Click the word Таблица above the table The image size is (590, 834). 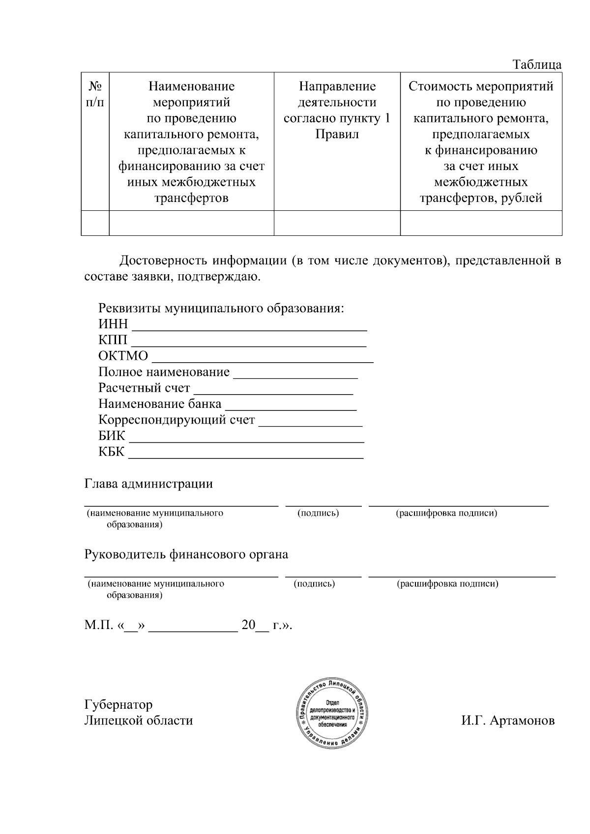[x=536, y=64]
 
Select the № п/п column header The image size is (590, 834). [x=95, y=94]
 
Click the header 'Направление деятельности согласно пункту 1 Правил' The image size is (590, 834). [x=337, y=110]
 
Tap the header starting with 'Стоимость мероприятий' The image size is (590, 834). [x=481, y=142]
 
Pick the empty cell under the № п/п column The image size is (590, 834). [x=95, y=223]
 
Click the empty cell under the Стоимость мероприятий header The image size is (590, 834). [x=481, y=223]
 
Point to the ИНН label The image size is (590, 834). [x=113, y=324]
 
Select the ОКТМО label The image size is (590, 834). [x=123, y=356]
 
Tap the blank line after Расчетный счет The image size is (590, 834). [x=273, y=389]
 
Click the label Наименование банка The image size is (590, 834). [x=160, y=404]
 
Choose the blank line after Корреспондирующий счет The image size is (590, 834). [x=310, y=421]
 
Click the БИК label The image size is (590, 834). [x=112, y=436]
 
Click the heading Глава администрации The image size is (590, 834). [x=148, y=484]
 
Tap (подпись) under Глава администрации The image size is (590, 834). [x=318, y=514]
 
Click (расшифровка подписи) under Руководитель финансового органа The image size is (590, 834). [x=447, y=584]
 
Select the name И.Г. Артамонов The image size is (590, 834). [x=507, y=721]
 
